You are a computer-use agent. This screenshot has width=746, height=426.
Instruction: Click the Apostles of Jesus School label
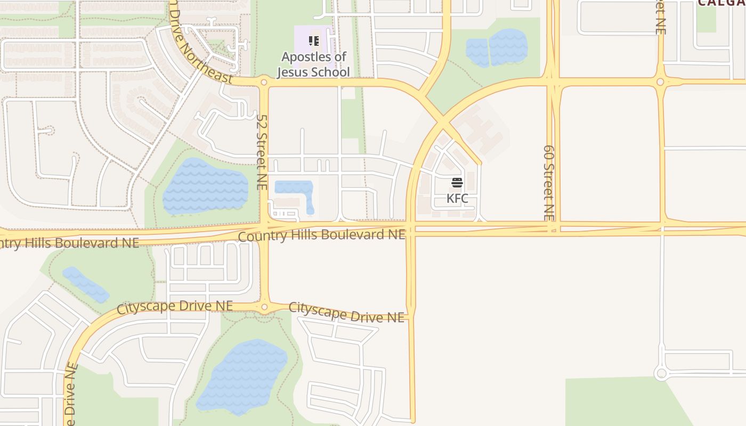click(313, 64)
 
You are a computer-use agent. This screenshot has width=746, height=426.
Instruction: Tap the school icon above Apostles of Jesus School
click(314, 40)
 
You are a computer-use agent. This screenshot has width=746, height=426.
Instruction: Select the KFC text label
click(457, 199)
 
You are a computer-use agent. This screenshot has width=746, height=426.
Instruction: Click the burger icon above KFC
click(457, 183)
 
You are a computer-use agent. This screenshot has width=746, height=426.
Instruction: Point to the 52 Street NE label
click(262, 152)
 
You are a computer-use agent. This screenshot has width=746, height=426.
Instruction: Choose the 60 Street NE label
click(549, 183)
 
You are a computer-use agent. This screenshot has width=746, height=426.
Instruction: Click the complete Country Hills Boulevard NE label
click(322, 234)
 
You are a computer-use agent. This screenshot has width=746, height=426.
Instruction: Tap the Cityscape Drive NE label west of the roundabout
click(175, 307)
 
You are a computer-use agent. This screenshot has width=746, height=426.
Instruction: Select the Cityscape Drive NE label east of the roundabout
click(346, 313)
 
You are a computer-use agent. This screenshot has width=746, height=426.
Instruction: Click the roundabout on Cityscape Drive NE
click(264, 307)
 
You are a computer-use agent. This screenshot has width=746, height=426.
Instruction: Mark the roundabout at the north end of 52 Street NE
click(263, 83)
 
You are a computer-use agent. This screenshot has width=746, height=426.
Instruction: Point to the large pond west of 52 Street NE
click(205, 186)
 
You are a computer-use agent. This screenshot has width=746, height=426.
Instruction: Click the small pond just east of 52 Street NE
click(295, 191)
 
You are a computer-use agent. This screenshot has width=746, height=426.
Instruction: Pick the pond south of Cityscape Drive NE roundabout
click(242, 376)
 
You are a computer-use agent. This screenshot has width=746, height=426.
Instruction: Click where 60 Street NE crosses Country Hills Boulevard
click(553, 227)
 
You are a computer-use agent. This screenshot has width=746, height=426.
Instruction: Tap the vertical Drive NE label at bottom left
click(71, 394)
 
